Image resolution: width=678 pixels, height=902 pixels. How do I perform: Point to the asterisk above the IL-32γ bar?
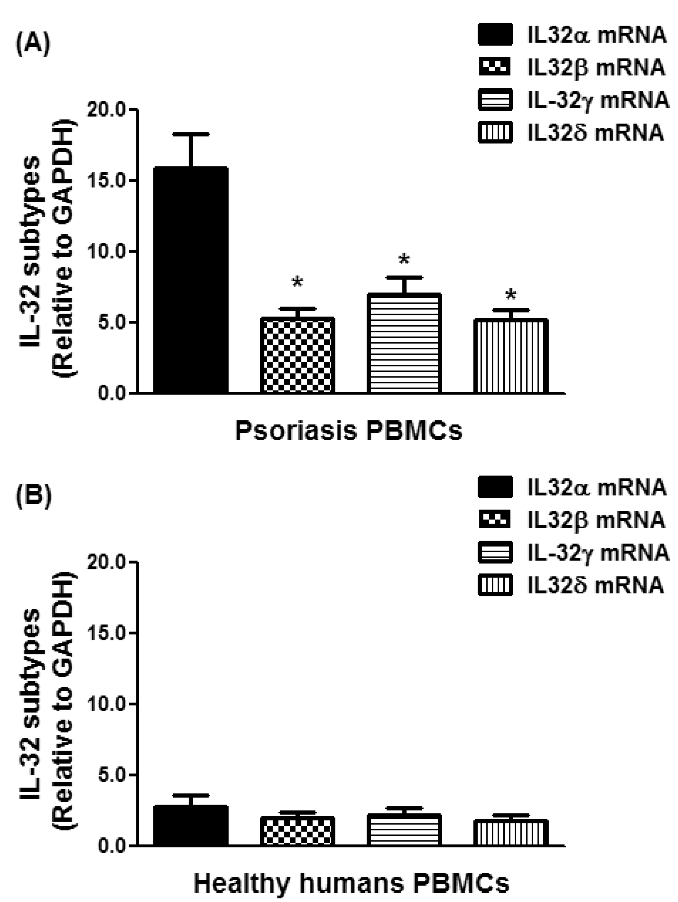tap(404, 260)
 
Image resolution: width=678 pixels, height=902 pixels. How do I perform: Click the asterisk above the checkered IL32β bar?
tap(297, 282)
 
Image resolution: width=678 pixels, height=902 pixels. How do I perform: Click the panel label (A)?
tap(33, 44)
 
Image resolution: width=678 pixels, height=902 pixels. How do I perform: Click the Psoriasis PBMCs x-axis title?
tap(349, 431)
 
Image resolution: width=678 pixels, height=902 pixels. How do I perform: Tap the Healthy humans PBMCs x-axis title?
tap(351, 883)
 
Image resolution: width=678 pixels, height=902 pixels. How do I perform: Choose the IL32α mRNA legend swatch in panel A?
tap(495, 35)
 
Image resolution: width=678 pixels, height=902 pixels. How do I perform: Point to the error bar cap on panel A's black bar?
tap(190, 134)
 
